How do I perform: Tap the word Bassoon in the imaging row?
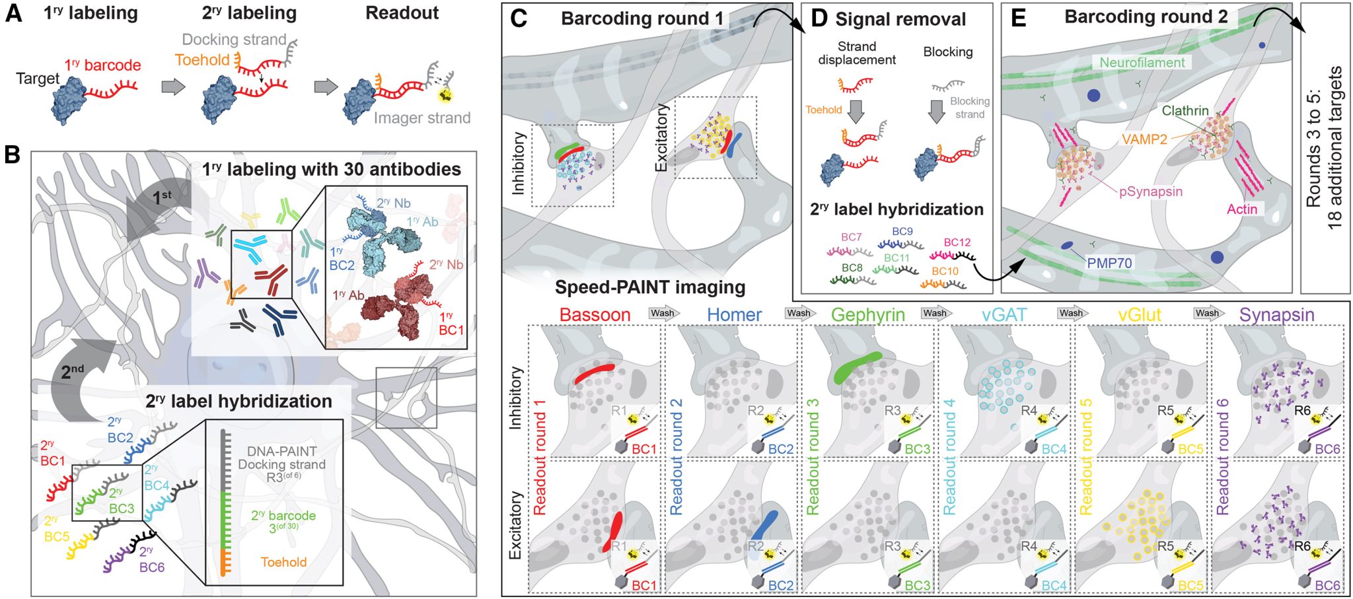(x=595, y=314)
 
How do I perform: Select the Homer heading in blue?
(x=734, y=314)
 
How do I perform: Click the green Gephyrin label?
(x=867, y=314)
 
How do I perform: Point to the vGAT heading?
(x=1004, y=314)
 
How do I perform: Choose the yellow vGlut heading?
(x=1140, y=314)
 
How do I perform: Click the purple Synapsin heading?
(x=1276, y=314)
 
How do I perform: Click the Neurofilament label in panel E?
(x=1142, y=63)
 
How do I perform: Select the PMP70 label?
(x=1109, y=263)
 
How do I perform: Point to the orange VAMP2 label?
(x=1144, y=139)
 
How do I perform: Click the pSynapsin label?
(x=1151, y=192)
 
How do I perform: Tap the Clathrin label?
(x=1185, y=110)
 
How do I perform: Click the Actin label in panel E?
(x=1242, y=209)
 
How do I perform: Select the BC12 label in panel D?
(x=957, y=242)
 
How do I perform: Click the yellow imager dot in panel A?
(x=446, y=95)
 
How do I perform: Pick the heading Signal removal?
(x=900, y=19)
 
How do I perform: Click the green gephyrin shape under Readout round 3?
(x=856, y=367)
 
